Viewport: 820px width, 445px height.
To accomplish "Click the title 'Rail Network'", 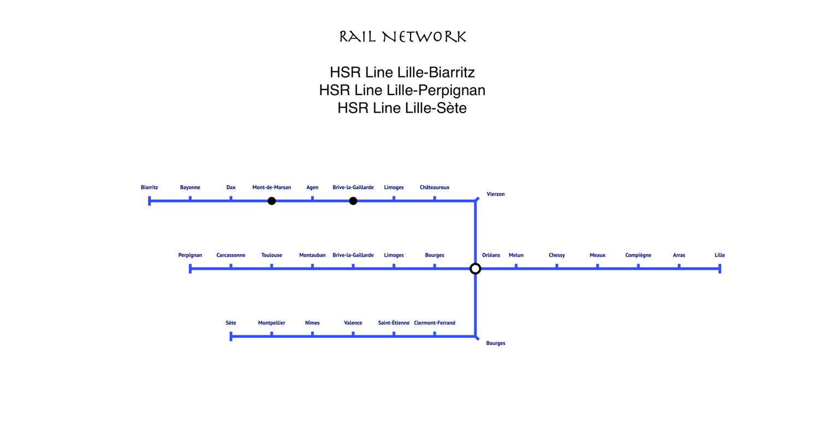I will pyautogui.click(x=402, y=37).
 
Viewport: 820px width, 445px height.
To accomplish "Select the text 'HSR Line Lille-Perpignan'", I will pyautogui.click(x=402, y=90).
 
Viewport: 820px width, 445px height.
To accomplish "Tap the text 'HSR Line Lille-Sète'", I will pyautogui.click(x=402, y=108).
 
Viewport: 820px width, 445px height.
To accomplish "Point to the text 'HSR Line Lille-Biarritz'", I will pyautogui.click(x=402, y=72).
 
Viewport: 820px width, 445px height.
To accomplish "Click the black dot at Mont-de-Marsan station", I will pyautogui.click(x=272, y=201).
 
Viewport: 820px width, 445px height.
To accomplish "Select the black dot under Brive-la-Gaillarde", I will pyautogui.click(x=353, y=201).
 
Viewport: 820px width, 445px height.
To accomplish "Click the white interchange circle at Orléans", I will pyautogui.click(x=476, y=269).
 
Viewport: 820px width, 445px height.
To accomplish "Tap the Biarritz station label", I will pyautogui.click(x=149, y=187).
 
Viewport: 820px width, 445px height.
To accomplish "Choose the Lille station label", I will pyautogui.click(x=719, y=255).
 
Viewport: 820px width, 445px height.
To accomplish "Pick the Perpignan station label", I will pyautogui.click(x=190, y=255).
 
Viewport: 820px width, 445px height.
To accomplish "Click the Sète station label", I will pyautogui.click(x=231, y=323).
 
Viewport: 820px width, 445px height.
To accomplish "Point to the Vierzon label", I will pyautogui.click(x=496, y=194).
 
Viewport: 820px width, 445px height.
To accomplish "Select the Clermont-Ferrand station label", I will pyautogui.click(x=435, y=323).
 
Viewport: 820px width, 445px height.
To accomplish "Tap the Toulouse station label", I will pyautogui.click(x=272, y=255).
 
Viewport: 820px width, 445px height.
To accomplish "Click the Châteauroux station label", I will pyautogui.click(x=435, y=187).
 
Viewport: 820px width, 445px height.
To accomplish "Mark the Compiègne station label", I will pyautogui.click(x=638, y=255).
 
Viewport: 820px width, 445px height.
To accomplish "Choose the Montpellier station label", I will pyautogui.click(x=272, y=323).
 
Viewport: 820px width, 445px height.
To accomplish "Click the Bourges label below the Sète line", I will pyautogui.click(x=496, y=343).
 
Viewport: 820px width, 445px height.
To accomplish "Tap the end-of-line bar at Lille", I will pyautogui.click(x=719, y=269).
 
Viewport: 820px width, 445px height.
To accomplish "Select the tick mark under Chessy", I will pyautogui.click(x=557, y=266).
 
